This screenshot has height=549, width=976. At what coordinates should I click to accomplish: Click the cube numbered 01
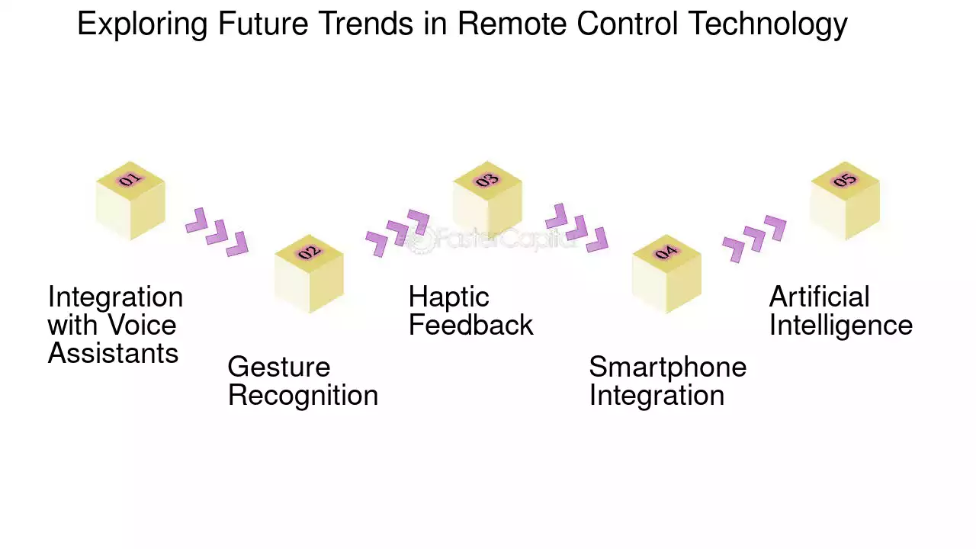130,201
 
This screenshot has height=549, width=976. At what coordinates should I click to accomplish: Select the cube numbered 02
309,274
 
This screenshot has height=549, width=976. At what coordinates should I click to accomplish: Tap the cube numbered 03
487,201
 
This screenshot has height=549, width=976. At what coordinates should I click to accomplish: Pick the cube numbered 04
666,274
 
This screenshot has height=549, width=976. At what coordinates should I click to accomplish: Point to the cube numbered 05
845,201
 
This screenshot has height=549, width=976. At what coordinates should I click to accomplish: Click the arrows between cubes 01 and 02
217,231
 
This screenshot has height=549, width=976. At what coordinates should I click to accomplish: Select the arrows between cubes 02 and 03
397,233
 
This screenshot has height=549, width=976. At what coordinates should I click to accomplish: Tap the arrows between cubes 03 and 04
576,227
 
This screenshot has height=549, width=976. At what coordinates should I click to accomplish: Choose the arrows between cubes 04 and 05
754,239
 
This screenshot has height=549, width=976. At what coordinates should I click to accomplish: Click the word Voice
143,326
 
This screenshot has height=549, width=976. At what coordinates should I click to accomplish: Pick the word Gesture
279,368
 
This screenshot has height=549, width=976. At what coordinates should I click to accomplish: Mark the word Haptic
448,297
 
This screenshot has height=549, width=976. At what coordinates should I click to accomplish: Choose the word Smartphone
667,368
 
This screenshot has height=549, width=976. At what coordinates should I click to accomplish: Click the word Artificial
819,297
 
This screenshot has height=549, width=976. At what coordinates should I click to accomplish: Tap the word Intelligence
840,326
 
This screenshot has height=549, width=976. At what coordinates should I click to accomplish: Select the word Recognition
303,396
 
